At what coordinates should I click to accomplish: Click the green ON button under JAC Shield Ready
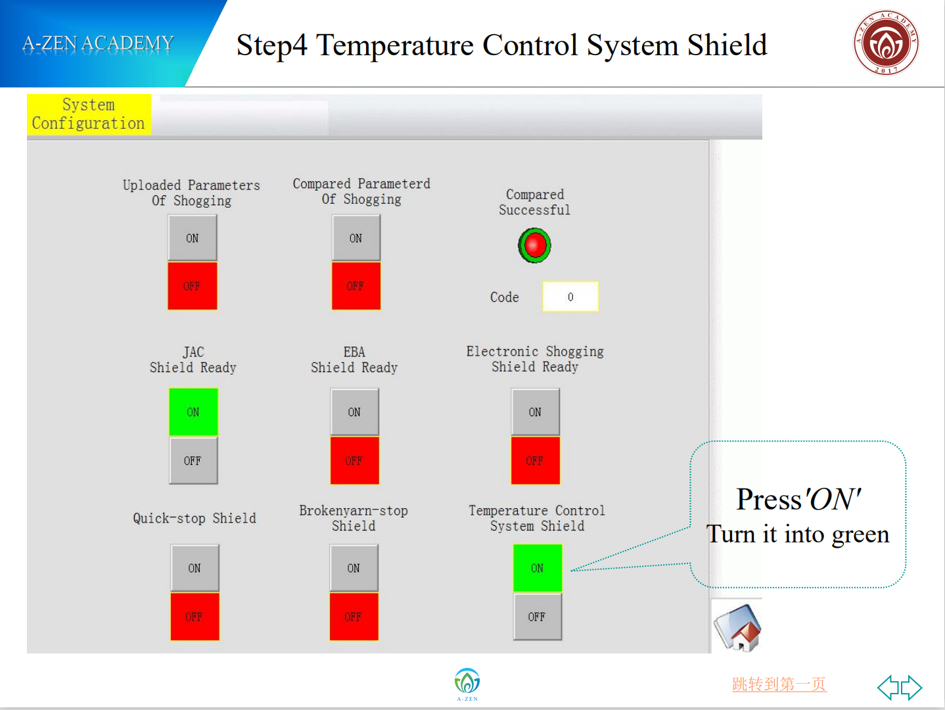(193, 412)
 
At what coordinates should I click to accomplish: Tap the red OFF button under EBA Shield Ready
(354, 461)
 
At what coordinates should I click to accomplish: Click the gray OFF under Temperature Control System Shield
(537, 617)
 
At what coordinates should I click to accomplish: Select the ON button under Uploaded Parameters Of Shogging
(192, 238)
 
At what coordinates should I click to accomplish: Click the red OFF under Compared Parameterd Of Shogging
(356, 286)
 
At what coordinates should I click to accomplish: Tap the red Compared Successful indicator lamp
(535, 245)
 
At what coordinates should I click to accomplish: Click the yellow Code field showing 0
(570, 296)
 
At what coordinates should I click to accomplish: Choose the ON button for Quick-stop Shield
(195, 568)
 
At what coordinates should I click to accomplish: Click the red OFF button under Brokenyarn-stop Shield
(354, 617)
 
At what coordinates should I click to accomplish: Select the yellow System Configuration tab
(89, 114)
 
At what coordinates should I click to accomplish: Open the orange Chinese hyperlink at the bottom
(779, 684)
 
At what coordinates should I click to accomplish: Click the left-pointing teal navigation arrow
(888, 688)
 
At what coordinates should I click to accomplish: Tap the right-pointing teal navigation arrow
(911, 688)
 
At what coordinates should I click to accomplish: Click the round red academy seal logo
(885, 43)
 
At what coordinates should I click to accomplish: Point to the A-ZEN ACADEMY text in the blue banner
(98, 43)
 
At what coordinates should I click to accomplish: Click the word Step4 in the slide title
(271, 45)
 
